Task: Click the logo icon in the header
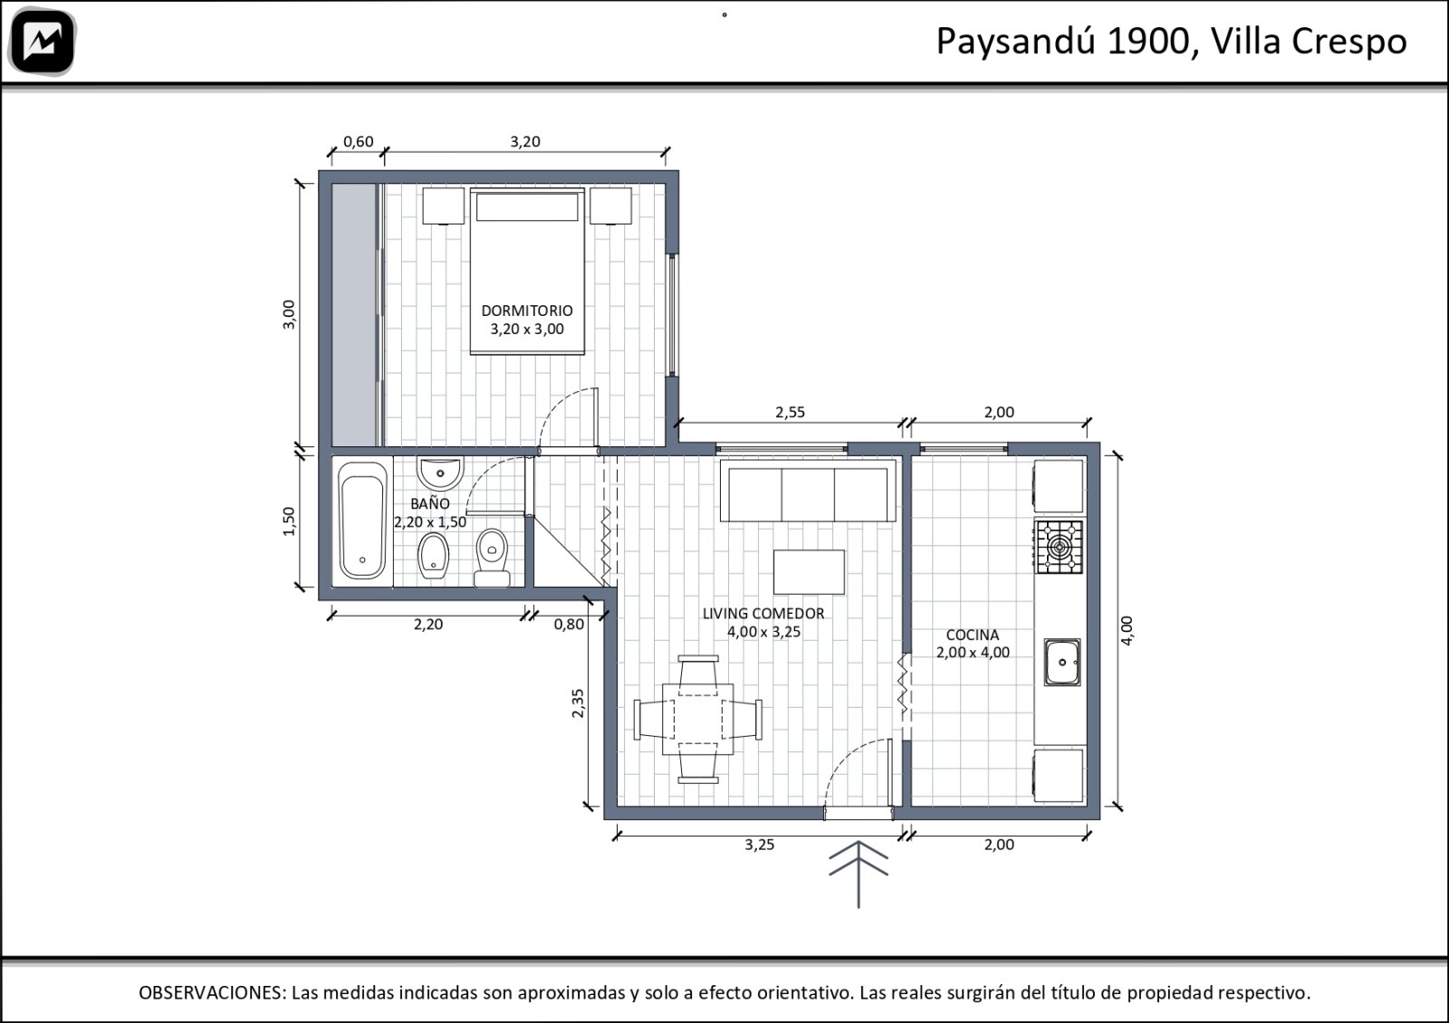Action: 42,42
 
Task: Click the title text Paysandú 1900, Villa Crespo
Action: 1172,42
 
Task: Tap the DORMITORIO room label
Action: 526,311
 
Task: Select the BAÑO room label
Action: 429,503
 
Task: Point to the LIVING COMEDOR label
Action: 763,614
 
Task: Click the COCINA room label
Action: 973,635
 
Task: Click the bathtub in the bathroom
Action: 362,521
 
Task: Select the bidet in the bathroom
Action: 433,556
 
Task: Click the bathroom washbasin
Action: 440,473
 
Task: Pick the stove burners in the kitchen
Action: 1059,547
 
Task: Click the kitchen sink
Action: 1061,662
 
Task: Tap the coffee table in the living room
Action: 809,572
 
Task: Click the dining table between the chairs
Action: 697,719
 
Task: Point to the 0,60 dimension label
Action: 358,141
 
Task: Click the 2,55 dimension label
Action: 790,413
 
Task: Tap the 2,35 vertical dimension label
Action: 578,703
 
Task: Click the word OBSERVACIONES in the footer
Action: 212,992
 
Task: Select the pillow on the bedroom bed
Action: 526,207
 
